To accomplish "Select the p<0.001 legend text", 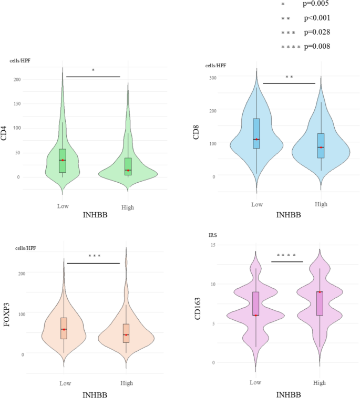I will (317, 18).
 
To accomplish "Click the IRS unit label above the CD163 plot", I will (213, 236).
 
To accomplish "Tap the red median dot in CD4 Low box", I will (63, 160).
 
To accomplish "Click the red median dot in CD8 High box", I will (320, 148).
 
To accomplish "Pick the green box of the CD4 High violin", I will (128, 166).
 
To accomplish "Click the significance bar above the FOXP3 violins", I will (94, 263).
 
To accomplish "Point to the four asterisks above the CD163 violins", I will (287, 256).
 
